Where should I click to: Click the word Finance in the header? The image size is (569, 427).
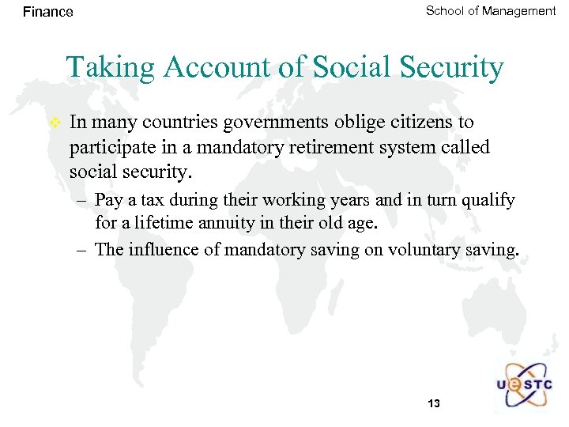point(48,12)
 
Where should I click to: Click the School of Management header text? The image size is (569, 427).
point(491,11)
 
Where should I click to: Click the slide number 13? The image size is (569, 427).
point(433,404)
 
